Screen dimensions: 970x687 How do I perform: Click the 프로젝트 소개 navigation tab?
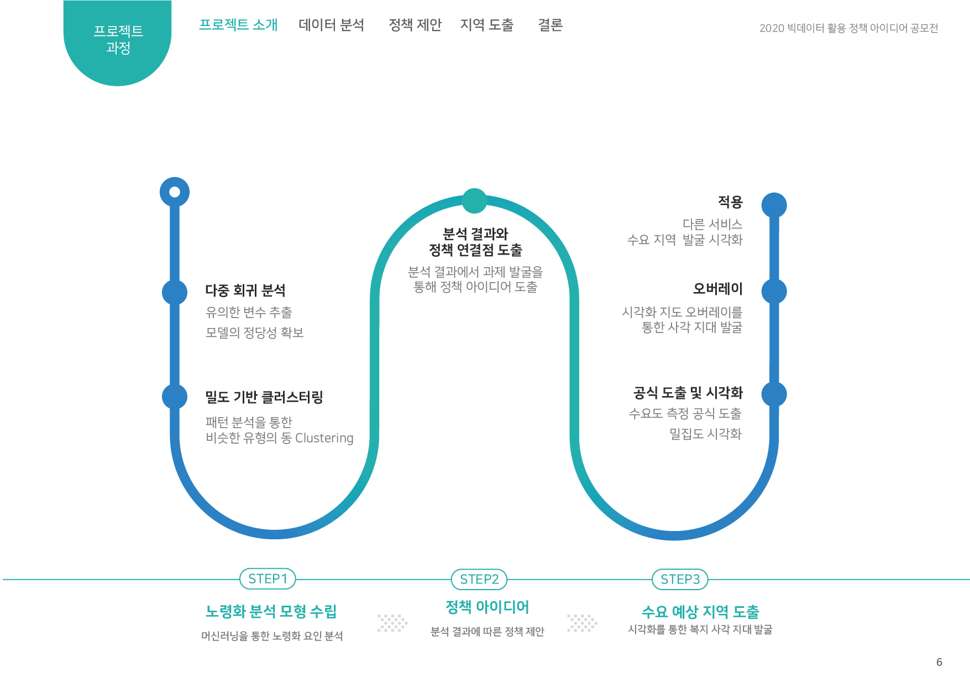[x=238, y=25]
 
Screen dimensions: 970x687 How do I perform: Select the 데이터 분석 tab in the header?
[x=331, y=25]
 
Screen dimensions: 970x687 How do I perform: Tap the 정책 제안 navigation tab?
[x=415, y=25]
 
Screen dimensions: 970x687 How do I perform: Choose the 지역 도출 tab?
[x=486, y=25]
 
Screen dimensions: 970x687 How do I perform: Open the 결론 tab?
[x=550, y=25]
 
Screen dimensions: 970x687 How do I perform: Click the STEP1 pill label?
[x=268, y=579]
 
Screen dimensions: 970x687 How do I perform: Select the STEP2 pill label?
[x=479, y=579]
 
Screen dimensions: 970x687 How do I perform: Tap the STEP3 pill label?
[x=680, y=579]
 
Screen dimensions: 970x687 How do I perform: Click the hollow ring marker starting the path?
[x=175, y=192]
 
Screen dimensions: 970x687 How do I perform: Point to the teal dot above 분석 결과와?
[x=474, y=201]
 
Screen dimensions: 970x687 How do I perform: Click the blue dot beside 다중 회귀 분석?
[x=175, y=292]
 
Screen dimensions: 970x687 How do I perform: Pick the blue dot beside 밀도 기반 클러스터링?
[x=175, y=396]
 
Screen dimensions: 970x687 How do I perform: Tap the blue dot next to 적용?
[x=774, y=205]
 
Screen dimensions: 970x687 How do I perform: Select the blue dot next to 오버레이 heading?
[x=774, y=291]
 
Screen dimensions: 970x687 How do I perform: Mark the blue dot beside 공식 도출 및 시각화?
[x=774, y=394]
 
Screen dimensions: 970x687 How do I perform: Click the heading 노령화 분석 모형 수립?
[x=271, y=611]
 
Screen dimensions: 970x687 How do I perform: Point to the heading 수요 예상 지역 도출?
[x=700, y=612]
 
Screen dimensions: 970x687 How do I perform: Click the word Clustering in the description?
[x=324, y=438]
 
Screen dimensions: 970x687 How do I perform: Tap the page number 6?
[x=939, y=662]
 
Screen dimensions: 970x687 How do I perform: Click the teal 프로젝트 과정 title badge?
[x=118, y=40]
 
